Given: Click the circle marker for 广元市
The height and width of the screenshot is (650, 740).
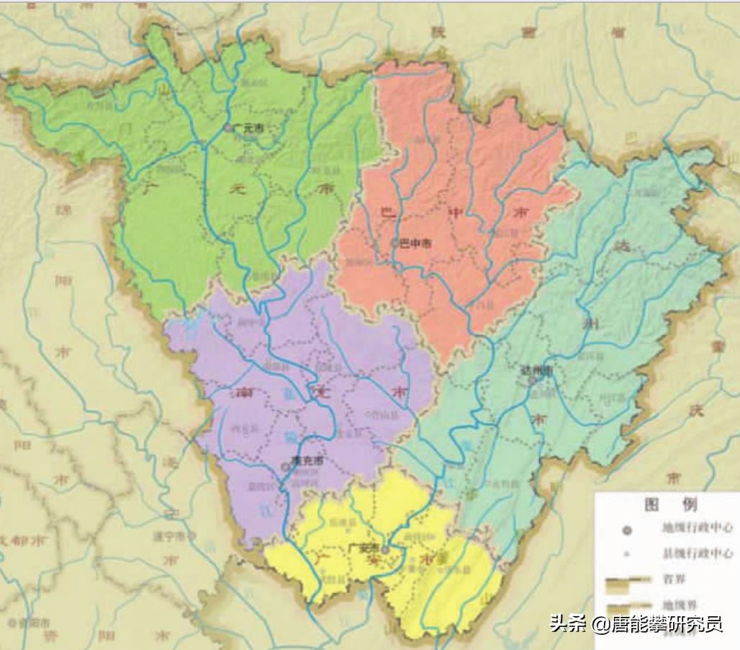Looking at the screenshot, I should coord(228,128).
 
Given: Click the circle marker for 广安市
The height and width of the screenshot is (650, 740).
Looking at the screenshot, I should coord(384,550).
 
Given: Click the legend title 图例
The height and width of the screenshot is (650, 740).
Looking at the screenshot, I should coord(669,503).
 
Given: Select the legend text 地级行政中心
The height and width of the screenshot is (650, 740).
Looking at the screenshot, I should coord(697,528).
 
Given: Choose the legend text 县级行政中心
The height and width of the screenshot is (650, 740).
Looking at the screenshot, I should coord(697,553).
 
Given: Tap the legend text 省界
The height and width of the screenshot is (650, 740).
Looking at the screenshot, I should coord(670,579).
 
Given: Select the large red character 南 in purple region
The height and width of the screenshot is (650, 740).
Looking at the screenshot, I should coord(243,393).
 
